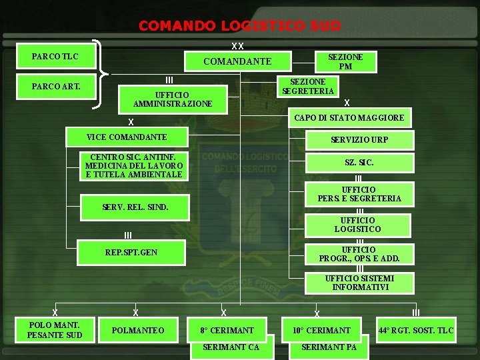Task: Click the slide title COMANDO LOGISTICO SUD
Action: (239, 26)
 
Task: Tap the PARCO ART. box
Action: (55, 85)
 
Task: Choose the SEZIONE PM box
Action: (345, 61)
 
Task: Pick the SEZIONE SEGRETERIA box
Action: (308, 87)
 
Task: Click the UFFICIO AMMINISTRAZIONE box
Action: (173, 99)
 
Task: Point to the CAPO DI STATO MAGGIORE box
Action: (349, 118)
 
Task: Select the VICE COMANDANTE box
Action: (127, 137)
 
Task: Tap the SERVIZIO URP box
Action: (359, 140)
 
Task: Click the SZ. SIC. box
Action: (359, 163)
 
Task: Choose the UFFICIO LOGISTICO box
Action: (357, 225)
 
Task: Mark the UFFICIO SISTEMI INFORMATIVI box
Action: (359, 283)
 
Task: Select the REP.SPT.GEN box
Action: (131, 253)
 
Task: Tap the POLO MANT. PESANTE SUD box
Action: (55, 329)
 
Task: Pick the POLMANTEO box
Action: (138, 330)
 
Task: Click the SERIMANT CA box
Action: (231, 347)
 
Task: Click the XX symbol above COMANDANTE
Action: (237, 46)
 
